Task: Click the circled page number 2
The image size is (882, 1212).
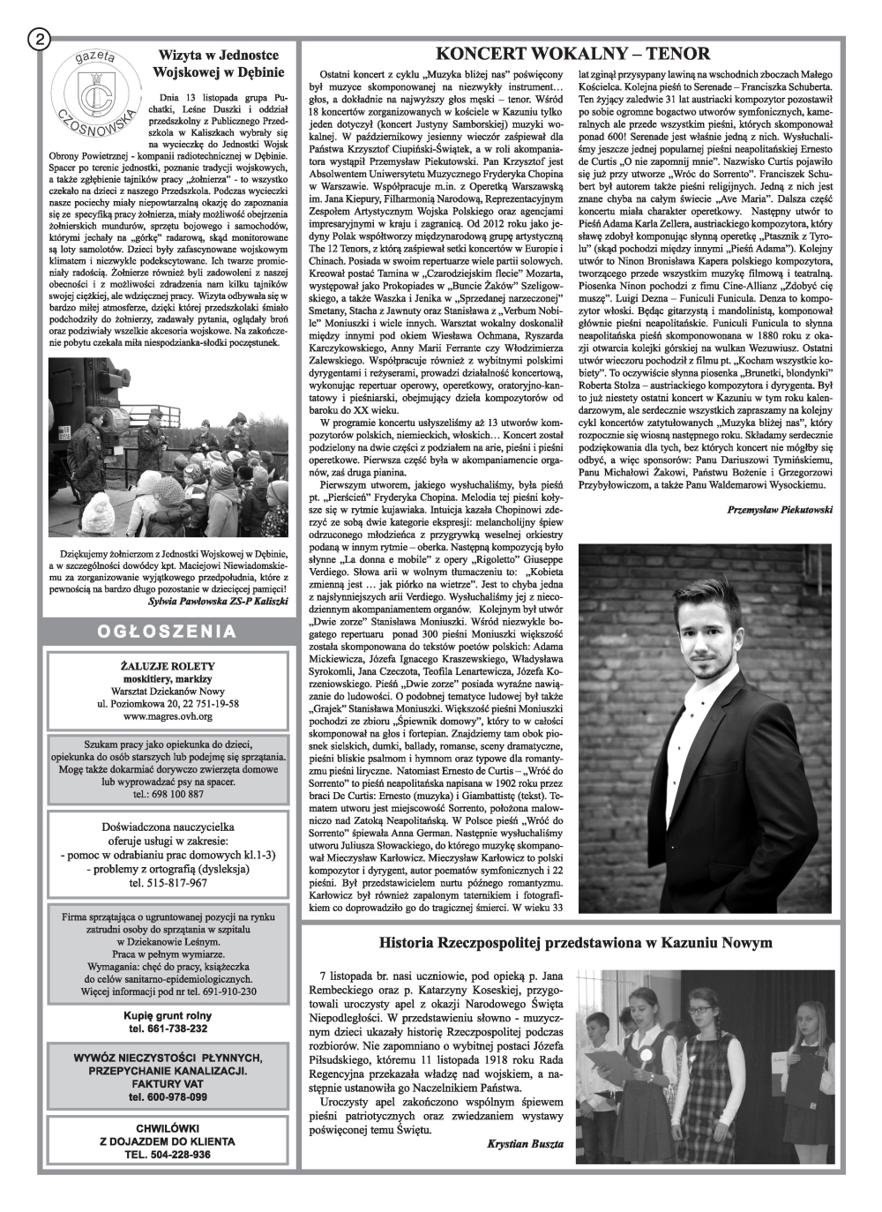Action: (40, 40)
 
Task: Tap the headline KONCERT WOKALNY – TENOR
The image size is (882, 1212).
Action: (572, 54)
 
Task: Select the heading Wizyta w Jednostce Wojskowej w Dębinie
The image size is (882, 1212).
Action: (218, 63)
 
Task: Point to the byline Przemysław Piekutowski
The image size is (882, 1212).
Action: (781, 509)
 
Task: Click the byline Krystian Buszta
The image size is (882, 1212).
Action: (526, 1142)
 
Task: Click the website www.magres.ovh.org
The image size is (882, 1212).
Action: (168, 717)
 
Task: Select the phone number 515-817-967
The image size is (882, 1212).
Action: (168, 882)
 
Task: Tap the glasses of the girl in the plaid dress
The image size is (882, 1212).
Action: (701, 999)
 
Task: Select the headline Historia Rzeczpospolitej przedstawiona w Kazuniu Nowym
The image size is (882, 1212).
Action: (575, 943)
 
